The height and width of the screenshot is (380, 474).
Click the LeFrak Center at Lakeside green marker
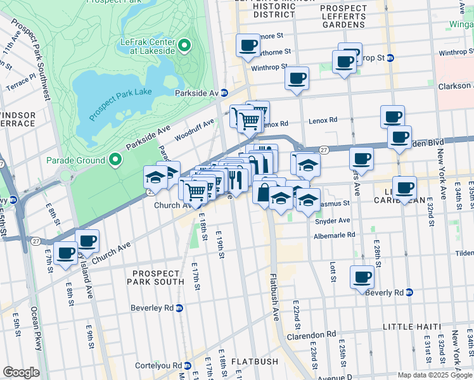[x=184, y=45]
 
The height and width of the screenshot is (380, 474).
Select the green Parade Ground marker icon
[x=115, y=160]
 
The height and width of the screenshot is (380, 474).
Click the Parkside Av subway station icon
[x=224, y=92]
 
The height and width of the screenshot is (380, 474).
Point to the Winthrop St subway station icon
[x=390, y=58]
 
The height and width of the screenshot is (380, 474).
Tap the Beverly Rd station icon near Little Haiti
[x=409, y=292]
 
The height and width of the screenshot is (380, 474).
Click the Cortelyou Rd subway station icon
[x=188, y=365]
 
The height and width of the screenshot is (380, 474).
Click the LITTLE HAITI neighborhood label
[x=412, y=326]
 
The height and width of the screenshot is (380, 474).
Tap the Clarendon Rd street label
[x=313, y=334]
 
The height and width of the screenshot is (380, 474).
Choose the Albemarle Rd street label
[x=335, y=235]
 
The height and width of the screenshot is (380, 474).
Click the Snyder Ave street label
[x=333, y=220]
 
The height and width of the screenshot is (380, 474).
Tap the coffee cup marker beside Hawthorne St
[x=248, y=46]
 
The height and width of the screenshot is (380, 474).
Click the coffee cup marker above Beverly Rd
[x=362, y=277]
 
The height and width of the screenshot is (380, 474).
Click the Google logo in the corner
[x=21, y=372]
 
